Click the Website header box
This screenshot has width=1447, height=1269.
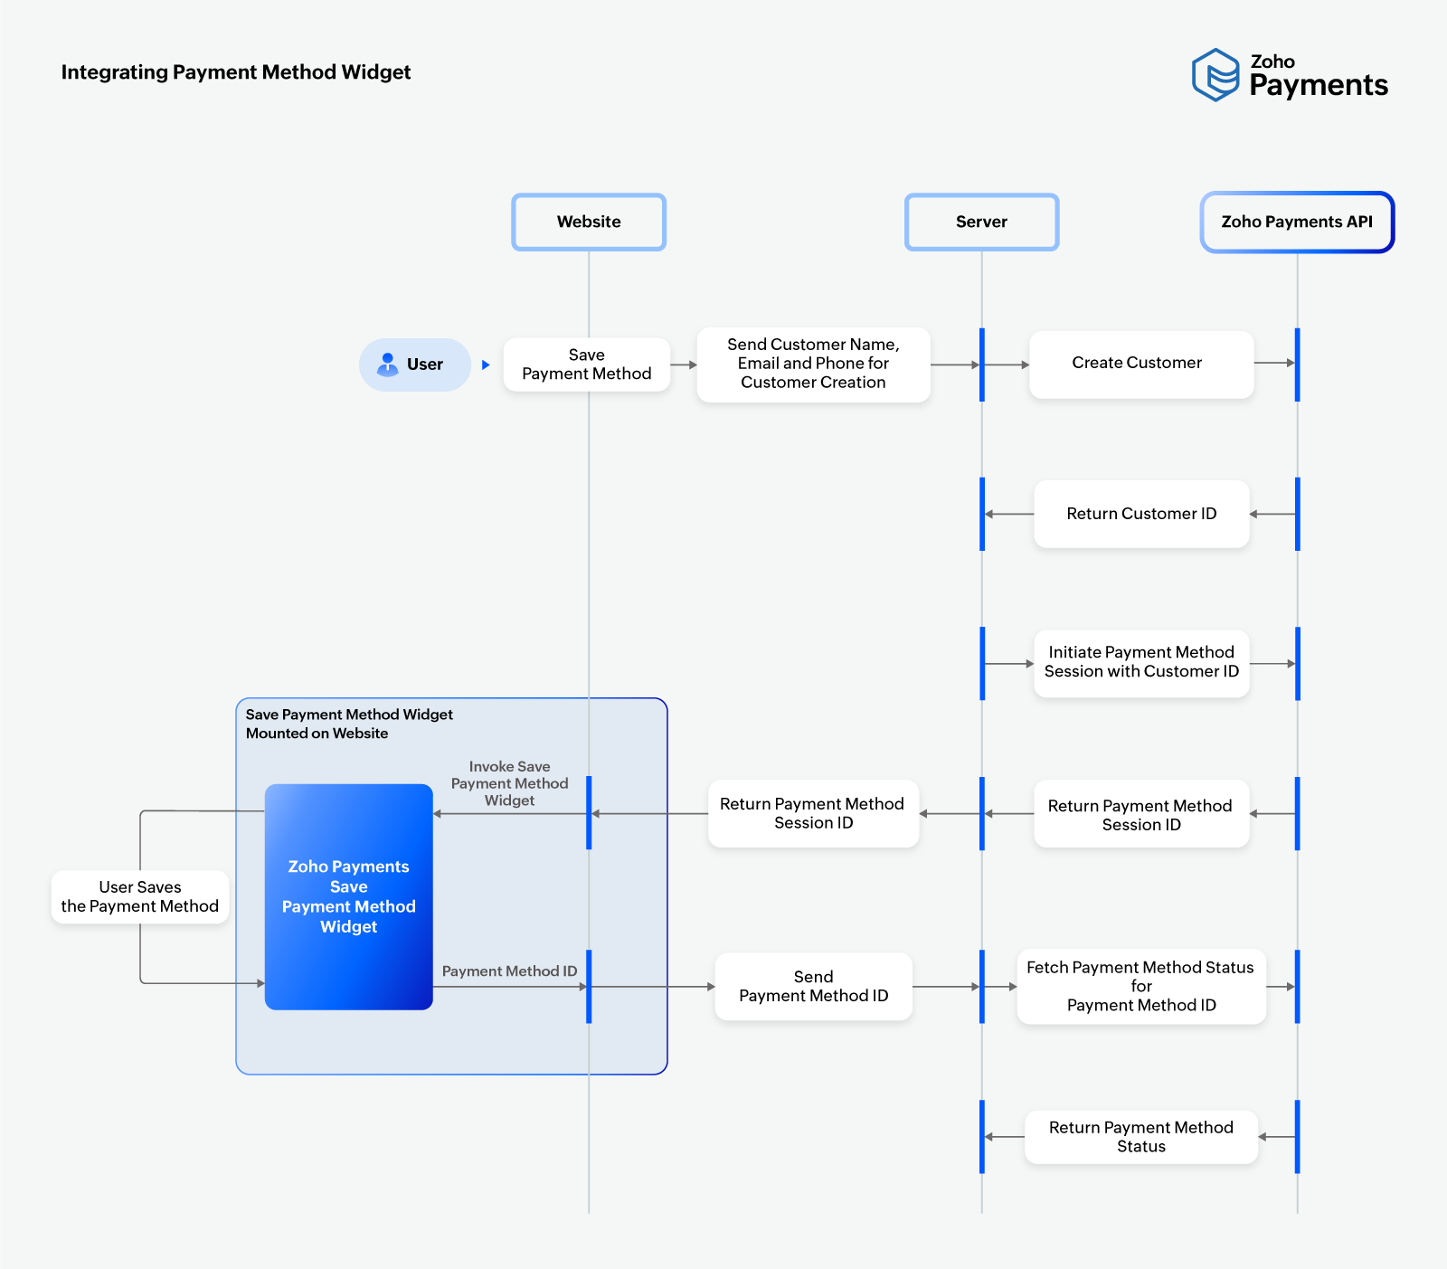(589, 222)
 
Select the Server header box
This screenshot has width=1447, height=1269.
(981, 222)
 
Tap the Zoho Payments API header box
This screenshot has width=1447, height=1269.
(1297, 222)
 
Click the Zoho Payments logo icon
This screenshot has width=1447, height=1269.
(1215, 75)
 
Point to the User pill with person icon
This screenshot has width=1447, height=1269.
(415, 365)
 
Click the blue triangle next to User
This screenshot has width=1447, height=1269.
(486, 365)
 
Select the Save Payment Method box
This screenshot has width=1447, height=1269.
(586, 365)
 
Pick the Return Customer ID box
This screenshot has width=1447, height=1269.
(1141, 514)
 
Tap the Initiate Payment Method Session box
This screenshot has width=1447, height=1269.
(1141, 663)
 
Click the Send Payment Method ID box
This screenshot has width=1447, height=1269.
(813, 986)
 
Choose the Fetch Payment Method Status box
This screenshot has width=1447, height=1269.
(1140, 986)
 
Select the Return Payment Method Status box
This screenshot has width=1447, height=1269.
(1140, 1137)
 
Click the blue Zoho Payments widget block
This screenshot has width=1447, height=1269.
(349, 896)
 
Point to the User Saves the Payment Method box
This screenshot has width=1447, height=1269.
(140, 896)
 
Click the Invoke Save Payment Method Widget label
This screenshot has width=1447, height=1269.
(509, 783)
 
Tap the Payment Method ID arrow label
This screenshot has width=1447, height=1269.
(509, 971)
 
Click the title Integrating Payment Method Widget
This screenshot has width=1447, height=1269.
(236, 72)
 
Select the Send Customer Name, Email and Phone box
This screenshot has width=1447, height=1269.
(813, 364)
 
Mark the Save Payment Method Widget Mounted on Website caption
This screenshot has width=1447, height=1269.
(349, 724)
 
